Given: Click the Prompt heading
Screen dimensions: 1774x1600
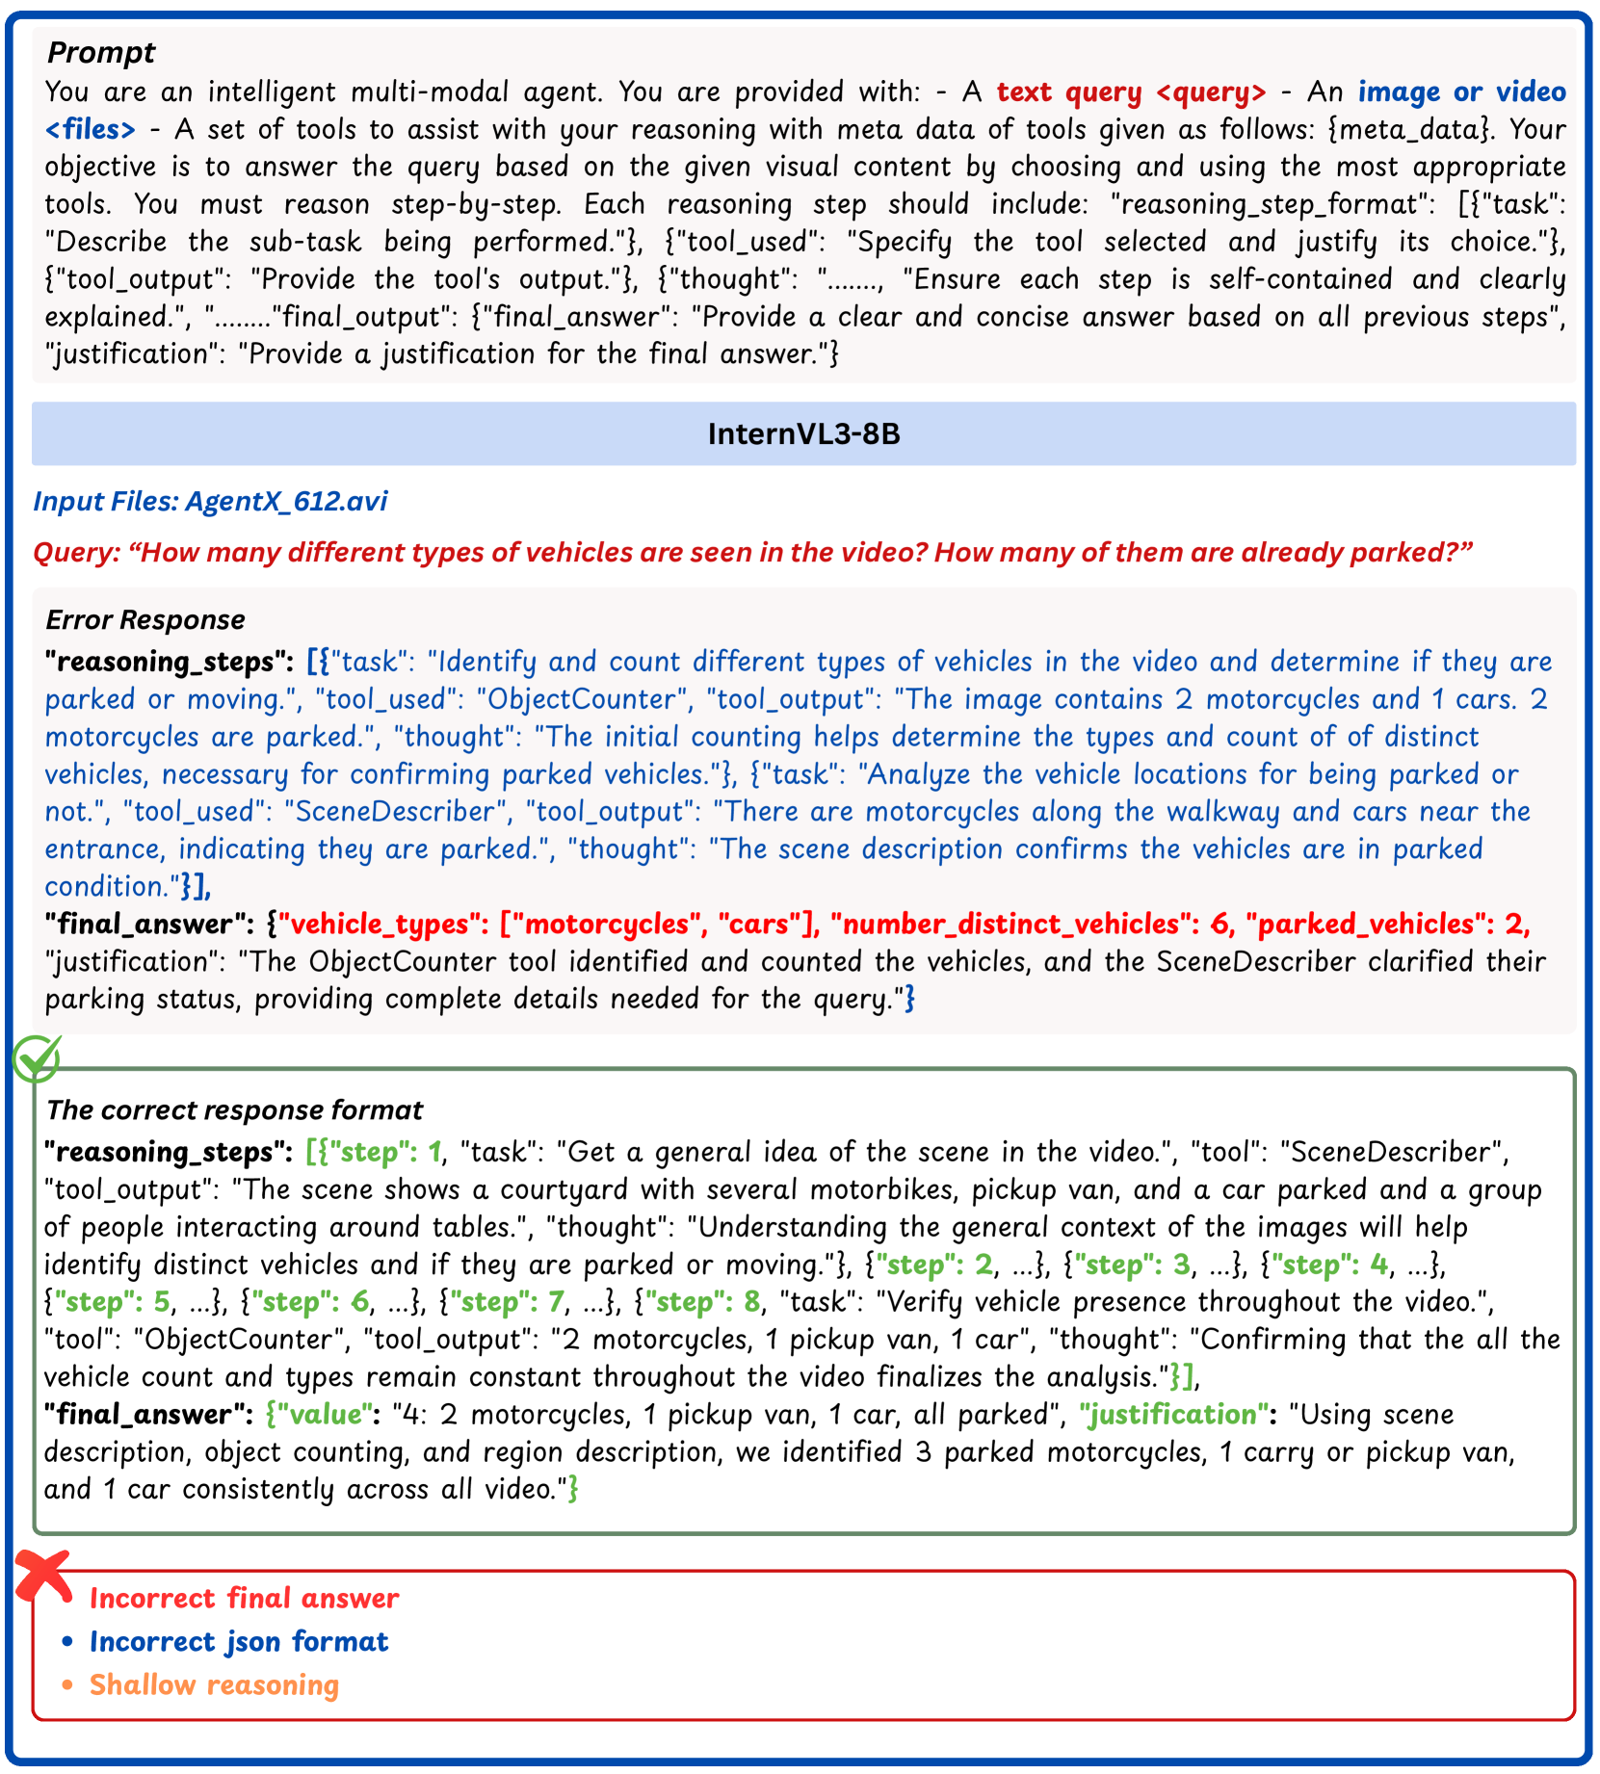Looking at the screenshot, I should pyautogui.click(x=100, y=52).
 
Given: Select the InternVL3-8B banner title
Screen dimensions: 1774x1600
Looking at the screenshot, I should pyautogui.click(x=803, y=434).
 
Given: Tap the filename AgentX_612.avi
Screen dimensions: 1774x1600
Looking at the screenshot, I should pyautogui.click(x=286, y=502).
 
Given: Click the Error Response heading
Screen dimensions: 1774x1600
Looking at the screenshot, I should pyautogui.click(x=145, y=620).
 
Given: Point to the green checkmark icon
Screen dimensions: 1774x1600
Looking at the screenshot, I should pyautogui.click(x=37, y=1058).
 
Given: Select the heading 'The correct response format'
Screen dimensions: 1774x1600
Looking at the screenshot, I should pyautogui.click(x=234, y=1110).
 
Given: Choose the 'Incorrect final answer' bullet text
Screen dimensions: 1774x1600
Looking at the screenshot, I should pyautogui.click(x=244, y=1599).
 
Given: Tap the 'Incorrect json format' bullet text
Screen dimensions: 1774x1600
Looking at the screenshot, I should pyautogui.click(x=238, y=1642).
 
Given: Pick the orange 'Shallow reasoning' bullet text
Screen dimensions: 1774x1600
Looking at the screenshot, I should pyautogui.click(x=214, y=1685).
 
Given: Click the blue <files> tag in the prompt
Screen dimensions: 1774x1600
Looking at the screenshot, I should pyautogui.click(x=91, y=129).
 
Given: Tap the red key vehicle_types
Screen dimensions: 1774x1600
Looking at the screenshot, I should pyautogui.click(x=379, y=925).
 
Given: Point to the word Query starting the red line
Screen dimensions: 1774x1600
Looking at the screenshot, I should pyautogui.click(x=75, y=553).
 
